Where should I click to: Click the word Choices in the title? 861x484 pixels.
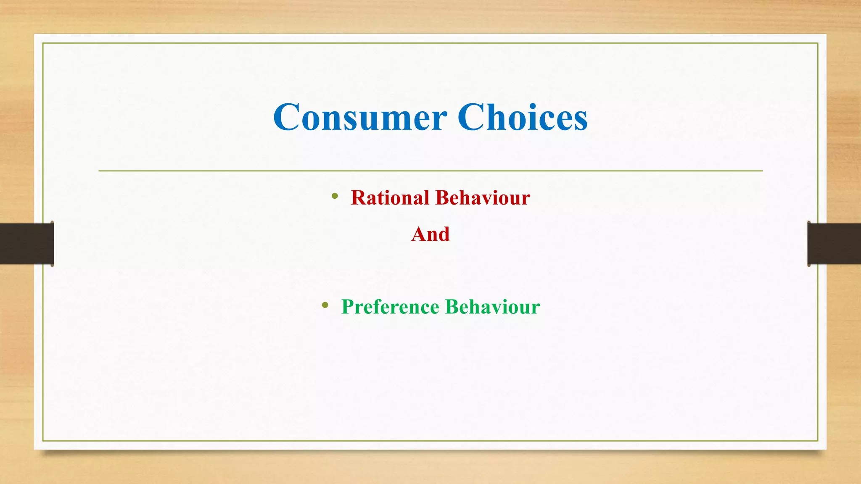tap(523, 117)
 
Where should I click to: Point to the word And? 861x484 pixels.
tap(430, 234)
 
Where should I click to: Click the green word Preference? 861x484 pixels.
tap(390, 307)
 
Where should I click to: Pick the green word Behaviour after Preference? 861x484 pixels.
tap(492, 307)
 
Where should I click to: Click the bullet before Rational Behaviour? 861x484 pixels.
tap(335, 196)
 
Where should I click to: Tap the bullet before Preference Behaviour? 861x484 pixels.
tap(325, 305)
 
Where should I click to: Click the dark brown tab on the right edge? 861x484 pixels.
tap(834, 244)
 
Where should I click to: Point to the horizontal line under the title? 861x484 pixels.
tap(430, 171)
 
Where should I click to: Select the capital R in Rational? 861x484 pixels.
tap(359, 197)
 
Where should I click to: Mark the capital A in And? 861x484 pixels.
tap(418, 234)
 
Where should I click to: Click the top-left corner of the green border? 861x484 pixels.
tap(43, 43)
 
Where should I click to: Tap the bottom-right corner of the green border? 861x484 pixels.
tap(818, 441)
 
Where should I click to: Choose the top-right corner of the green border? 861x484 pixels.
tap(818, 43)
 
